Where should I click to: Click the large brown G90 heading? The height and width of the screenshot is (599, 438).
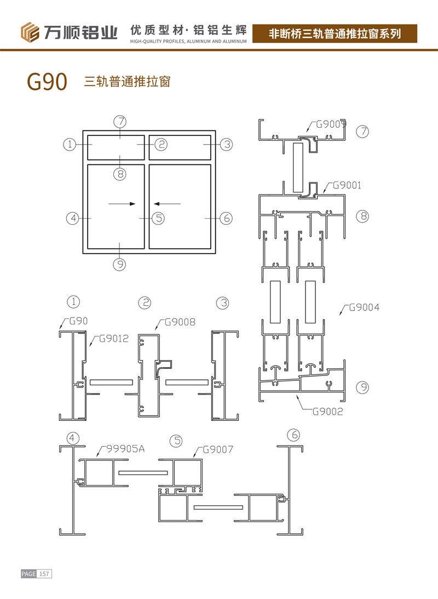pyautogui.click(x=47, y=82)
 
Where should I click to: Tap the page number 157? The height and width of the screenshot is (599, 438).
pyautogui.click(x=44, y=574)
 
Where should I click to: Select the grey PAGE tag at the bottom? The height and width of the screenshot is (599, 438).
pyautogui.click(x=28, y=574)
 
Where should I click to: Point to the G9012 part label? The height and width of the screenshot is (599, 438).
pyautogui.click(x=113, y=339)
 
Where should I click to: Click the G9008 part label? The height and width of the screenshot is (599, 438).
pyautogui.click(x=180, y=322)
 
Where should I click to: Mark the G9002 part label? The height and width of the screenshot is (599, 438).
pyautogui.click(x=327, y=412)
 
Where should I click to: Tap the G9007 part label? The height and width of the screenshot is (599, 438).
pyautogui.click(x=218, y=450)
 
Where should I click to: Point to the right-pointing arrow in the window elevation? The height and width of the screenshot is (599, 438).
pyautogui.click(x=122, y=204)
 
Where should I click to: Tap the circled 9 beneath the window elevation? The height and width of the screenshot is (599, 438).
pyautogui.click(x=119, y=264)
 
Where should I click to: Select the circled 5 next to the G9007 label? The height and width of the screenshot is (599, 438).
pyautogui.click(x=176, y=440)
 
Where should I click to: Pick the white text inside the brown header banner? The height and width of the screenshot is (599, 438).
pyautogui.click(x=335, y=34)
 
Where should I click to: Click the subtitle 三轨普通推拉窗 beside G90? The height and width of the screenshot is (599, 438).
pyautogui.click(x=127, y=82)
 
